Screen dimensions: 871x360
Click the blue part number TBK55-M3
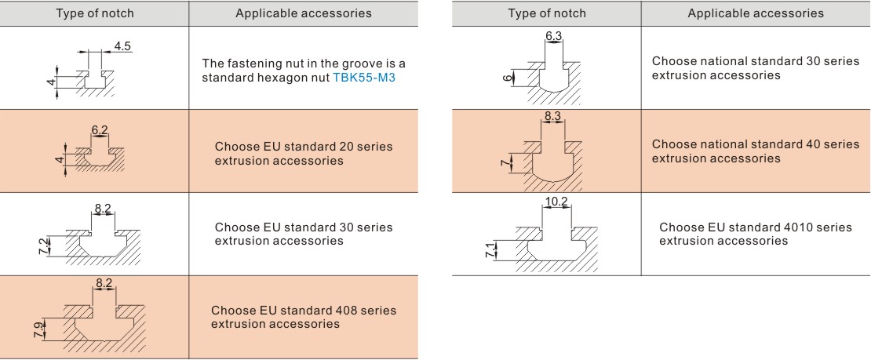364,78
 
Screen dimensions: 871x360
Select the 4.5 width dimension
122,46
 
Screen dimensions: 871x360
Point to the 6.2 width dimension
100,130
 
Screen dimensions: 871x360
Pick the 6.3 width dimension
554,36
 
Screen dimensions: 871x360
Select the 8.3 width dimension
553,117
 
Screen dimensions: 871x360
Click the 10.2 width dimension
556,202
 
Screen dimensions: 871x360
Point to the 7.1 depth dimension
490,250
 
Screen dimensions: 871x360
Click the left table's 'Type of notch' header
94,13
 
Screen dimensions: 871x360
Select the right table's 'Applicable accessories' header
756,13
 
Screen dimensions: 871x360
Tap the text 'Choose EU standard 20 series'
304,147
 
